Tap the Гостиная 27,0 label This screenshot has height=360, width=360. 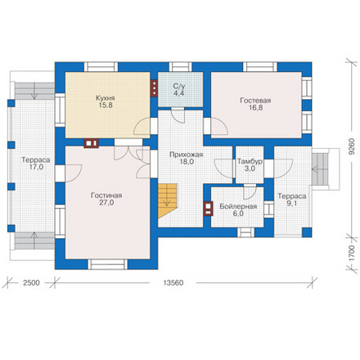106,199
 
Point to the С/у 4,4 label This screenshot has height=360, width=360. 179,90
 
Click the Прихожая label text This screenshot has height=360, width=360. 187,155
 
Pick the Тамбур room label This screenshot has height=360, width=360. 250,161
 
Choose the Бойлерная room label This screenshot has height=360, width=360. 238,206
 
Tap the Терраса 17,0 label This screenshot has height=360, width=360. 36,164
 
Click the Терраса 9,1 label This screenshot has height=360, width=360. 292,200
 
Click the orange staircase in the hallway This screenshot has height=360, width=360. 167,200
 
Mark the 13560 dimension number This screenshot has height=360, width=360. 173,283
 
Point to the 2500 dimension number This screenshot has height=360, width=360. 31,283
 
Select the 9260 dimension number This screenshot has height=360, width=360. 352,146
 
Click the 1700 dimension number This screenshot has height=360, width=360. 352,254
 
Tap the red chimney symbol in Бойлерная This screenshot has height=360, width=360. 209,209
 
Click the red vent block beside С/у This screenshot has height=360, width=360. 154,88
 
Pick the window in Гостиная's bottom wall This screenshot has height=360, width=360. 107,264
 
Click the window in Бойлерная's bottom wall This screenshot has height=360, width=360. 245,232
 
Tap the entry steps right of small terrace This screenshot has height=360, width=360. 320,169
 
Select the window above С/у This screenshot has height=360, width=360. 181,67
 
